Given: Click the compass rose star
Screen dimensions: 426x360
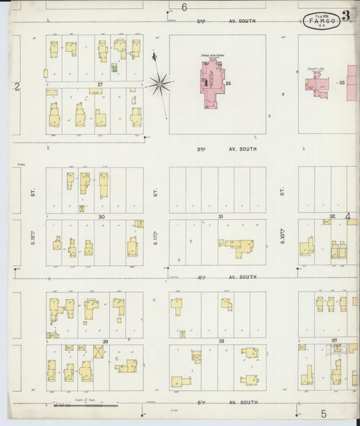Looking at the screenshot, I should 159,84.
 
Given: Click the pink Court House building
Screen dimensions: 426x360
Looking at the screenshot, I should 317,85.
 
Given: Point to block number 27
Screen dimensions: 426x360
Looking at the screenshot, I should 99,84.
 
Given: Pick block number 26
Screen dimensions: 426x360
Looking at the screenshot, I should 229,84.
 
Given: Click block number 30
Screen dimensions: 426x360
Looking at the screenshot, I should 101,217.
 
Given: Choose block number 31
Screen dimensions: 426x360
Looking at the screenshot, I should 220,217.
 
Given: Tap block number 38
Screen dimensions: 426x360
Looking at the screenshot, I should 221,342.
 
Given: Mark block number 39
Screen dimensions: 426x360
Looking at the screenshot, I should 105,342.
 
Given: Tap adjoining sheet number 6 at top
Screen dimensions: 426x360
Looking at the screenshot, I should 184,7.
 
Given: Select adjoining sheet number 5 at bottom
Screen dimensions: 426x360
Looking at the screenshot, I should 324,413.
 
